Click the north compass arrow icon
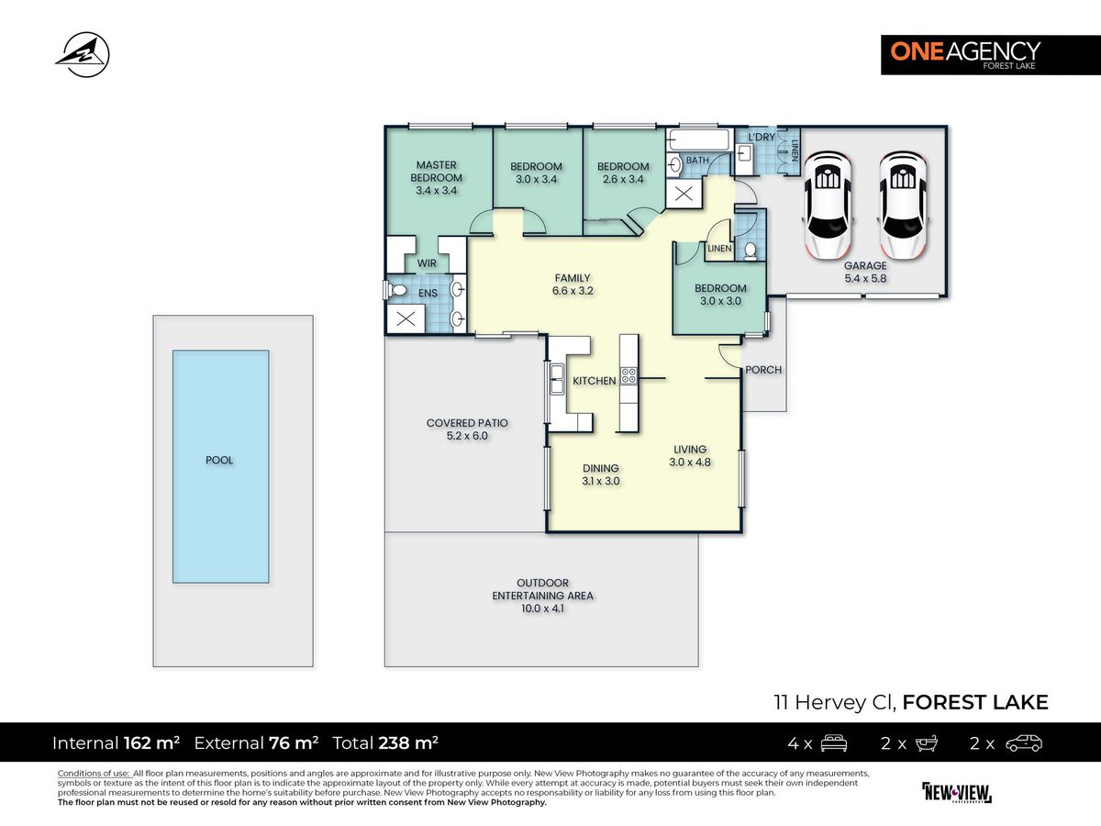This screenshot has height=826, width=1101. pyautogui.click(x=83, y=55)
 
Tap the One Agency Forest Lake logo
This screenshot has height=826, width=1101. pyautogui.click(x=991, y=55)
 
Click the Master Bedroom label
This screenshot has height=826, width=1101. pyautogui.click(x=436, y=171)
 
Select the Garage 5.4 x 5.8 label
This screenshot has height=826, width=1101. pyautogui.click(x=865, y=272)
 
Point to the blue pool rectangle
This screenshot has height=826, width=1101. pyautogui.click(x=221, y=466)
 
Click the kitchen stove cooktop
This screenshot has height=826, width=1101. pyautogui.click(x=629, y=375)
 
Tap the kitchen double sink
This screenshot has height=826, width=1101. pyautogui.click(x=556, y=380)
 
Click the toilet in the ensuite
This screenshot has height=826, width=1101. pyautogui.click(x=395, y=290)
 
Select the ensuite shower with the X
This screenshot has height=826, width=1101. pyautogui.click(x=406, y=318)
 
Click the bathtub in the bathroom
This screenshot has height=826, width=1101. pyautogui.click(x=698, y=140)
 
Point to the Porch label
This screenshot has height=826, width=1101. pyautogui.click(x=763, y=370)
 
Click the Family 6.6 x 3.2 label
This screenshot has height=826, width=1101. pyautogui.click(x=573, y=285)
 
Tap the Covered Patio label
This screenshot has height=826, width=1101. pyautogui.click(x=467, y=430)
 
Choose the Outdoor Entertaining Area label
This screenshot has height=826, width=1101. pyautogui.click(x=542, y=596)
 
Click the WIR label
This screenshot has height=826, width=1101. pyautogui.click(x=427, y=263)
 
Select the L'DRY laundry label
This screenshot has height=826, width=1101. pyautogui.click(x=762, y=137)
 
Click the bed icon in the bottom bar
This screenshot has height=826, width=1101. pyautogui.click(x=834, y=742)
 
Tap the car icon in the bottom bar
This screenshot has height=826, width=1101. pyautogui.click(x=1024, y=742)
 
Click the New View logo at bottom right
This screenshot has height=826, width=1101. pyautogui.click(x=957, y=793)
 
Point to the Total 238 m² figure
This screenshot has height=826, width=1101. pyautogui.click(x=385, y=742)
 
